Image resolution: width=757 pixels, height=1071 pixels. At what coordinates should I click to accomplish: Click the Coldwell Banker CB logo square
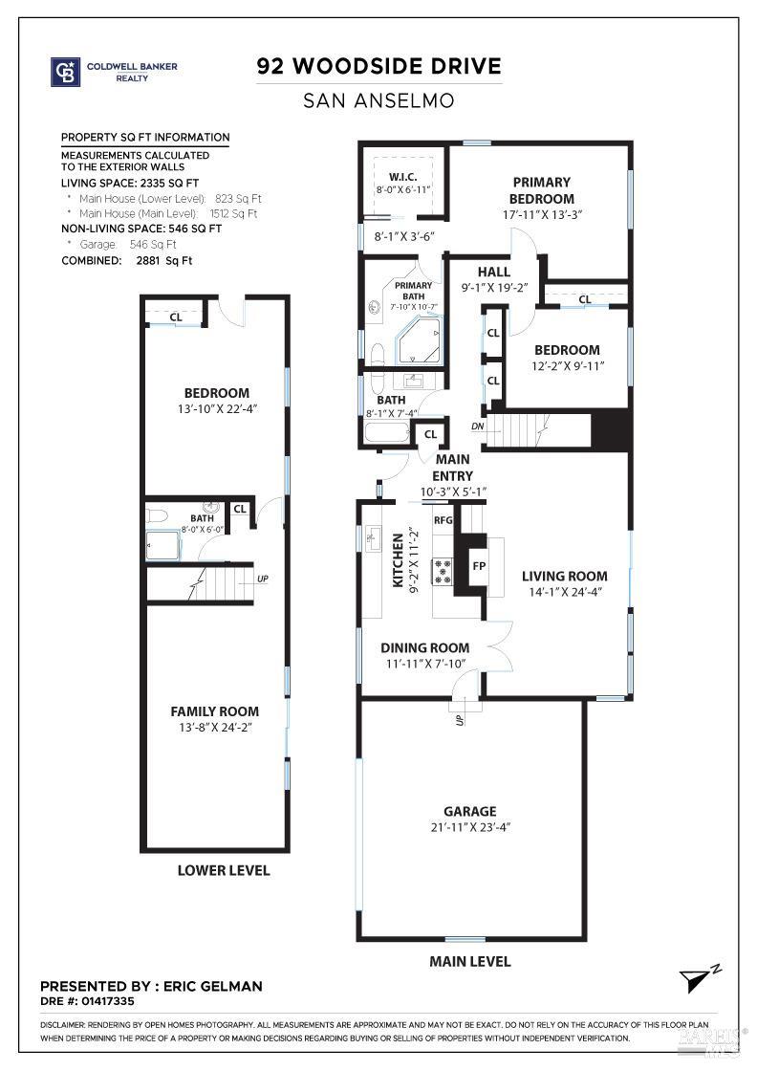[64, 72]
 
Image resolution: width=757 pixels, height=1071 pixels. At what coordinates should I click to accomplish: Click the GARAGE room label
[469, 812]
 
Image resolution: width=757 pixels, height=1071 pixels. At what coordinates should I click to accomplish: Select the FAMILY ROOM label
[215, 711]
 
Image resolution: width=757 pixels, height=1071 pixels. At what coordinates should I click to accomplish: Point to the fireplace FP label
[480, 565]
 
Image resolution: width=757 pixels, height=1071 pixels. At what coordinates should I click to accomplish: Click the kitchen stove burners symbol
[443, 571]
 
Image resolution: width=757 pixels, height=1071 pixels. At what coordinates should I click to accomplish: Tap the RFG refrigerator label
[443, 521]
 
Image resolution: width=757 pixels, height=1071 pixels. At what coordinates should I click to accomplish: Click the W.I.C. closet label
[402, 177]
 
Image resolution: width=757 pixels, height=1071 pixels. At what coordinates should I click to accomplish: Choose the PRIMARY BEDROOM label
[541, 189]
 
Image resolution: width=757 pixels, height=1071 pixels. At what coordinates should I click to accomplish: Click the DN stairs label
[478, 426]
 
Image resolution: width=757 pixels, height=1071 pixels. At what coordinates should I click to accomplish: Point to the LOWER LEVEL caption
[224, 870]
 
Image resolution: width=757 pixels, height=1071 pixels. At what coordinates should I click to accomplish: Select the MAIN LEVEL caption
[469, 961]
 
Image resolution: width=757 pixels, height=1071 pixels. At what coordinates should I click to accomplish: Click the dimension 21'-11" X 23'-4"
[469, 828]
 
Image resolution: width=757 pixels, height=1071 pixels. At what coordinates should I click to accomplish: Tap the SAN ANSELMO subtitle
[378, 99]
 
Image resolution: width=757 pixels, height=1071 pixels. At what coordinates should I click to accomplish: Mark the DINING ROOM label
[425, 647]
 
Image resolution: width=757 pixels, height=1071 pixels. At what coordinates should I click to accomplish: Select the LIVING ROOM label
[564, 576]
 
